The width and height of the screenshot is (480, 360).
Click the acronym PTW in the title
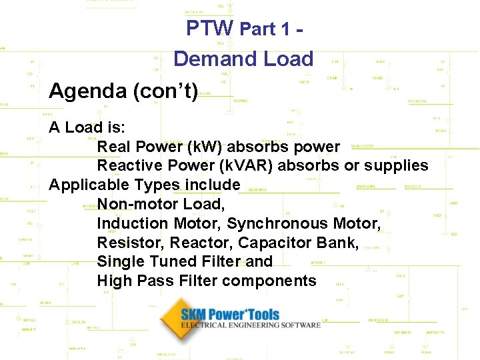pyautogui.click(x=209, y=28)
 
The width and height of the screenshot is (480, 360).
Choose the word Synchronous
pyautogui.click(x=278, y=223)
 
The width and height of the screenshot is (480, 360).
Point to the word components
pyautogui.click(x=269, y=281)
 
